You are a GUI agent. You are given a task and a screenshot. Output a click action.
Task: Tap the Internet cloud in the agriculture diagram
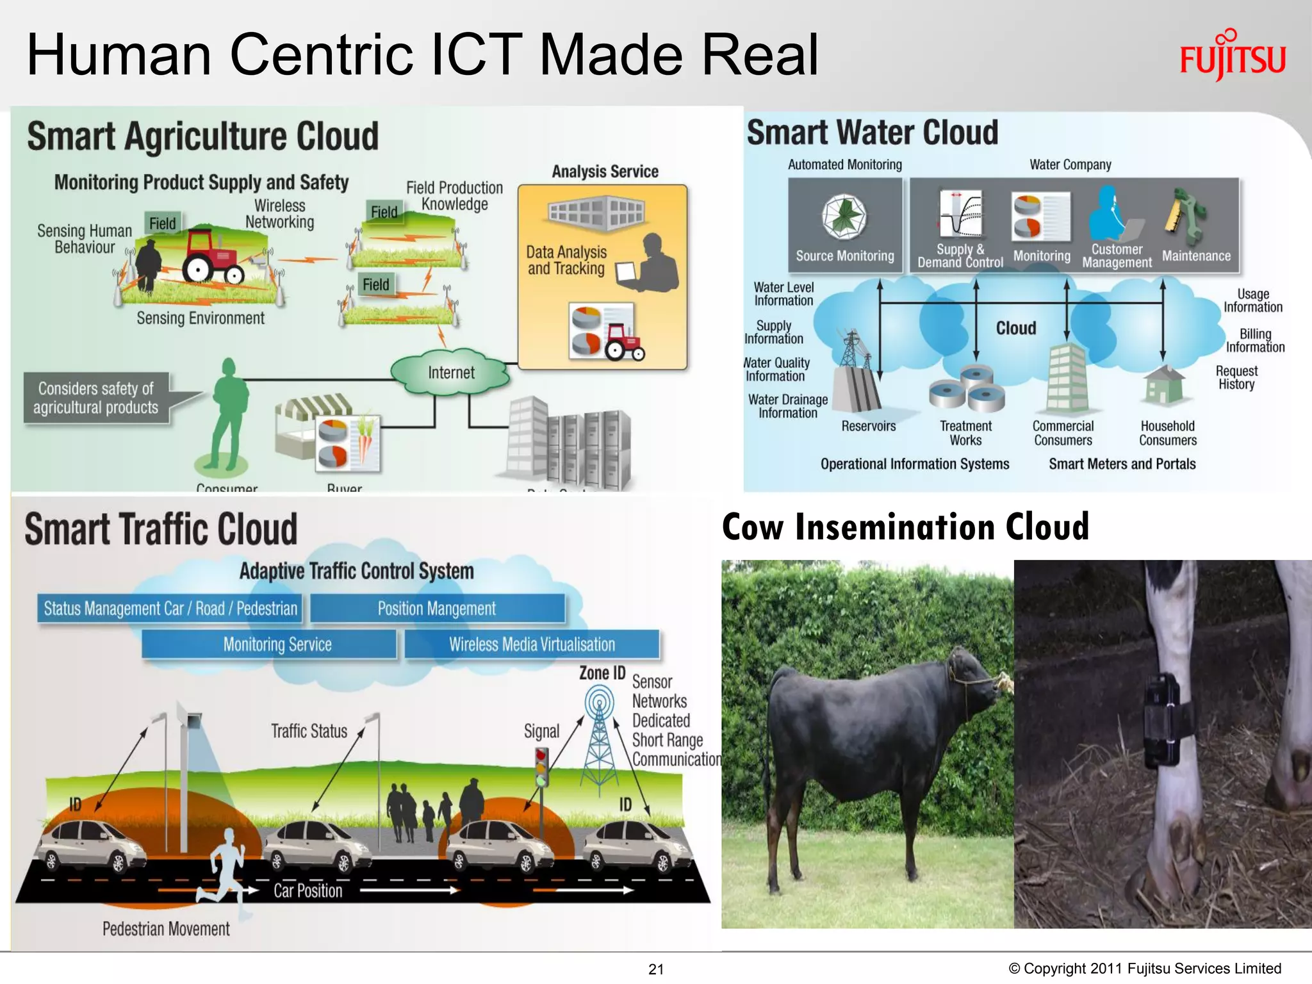pos(451,373)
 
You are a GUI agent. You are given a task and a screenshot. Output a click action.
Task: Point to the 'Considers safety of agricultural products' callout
pos(96,398)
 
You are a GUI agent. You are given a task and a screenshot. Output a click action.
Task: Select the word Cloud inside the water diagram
pos(1015,328)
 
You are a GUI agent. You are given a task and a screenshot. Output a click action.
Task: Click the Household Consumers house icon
pos(1164,385)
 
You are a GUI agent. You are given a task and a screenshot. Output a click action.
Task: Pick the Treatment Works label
pos(965,433)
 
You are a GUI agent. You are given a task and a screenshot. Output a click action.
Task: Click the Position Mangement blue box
pos(437,609)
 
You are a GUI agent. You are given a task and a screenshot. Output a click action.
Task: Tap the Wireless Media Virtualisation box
pos(532,644)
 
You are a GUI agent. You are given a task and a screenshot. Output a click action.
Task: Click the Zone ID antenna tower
pos(599,737)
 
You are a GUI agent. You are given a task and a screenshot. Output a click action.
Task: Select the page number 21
pos(656,969)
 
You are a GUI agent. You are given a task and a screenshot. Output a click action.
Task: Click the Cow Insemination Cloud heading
pos(905,527)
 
